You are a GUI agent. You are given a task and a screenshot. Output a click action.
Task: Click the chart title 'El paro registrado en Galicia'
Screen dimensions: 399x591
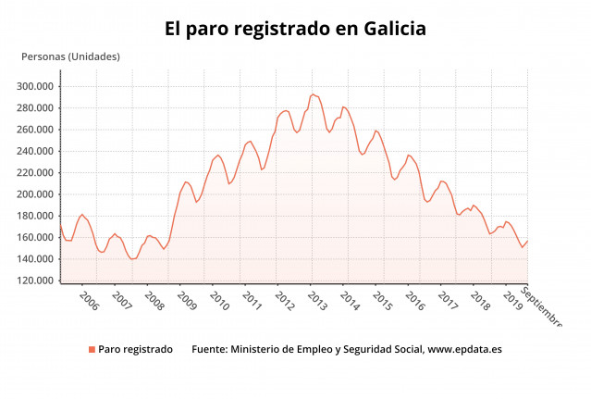tap(295, 30)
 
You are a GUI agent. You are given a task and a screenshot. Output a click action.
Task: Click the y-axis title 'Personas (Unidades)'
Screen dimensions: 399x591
tap(70, 57)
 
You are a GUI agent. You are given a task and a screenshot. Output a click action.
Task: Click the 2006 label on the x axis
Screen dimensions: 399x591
tap(89, 302)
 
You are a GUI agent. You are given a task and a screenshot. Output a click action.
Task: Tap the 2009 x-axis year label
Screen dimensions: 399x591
tap(186, 302)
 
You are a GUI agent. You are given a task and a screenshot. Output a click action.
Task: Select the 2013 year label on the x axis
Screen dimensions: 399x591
tap(316, 302)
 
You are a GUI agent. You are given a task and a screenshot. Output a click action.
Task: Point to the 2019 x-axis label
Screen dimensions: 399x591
tap(511, 302)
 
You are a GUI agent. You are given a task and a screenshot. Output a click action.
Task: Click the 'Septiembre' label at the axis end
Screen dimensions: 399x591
tap(541, 306)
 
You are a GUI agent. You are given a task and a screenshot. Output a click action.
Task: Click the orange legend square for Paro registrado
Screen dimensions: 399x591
tap(92, 350)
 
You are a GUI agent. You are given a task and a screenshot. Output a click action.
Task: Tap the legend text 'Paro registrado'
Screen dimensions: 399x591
tap(135, 350)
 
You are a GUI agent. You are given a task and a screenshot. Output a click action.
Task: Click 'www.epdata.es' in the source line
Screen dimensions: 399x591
tap(465, 350)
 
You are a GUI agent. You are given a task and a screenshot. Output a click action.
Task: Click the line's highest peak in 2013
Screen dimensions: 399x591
tap(312, 94)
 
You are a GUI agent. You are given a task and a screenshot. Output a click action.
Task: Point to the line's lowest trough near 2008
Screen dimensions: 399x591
tap(132, 259)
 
